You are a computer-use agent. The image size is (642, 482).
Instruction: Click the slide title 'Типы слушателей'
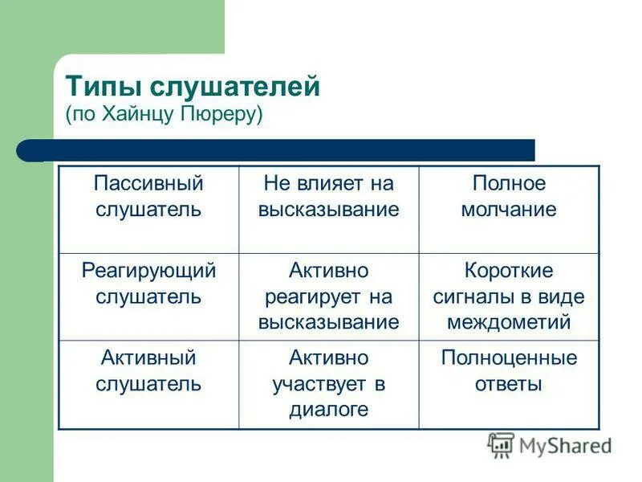coord(193,85)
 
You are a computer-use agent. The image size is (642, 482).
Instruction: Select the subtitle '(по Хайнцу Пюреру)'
coord(165,113)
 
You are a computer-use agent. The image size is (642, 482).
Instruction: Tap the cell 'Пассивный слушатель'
coord(148,197)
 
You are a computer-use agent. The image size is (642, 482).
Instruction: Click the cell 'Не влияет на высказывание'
coord(328,197)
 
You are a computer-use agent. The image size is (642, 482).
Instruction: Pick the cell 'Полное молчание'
coord(509,197)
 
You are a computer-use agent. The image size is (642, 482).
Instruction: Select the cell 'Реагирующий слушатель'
coord(148,284)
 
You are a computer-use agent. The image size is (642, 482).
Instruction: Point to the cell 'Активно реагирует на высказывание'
coord(328,296)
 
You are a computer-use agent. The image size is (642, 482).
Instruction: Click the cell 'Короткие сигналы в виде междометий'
coord(509,296)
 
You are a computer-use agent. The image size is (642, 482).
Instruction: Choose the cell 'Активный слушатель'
coord(148,370)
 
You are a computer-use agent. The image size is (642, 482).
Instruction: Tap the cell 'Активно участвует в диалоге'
coord(328,383)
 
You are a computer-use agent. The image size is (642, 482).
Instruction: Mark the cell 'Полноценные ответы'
coord(509,370)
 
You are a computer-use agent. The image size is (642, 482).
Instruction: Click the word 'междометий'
coord(509,323)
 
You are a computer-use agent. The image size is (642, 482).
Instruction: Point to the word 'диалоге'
coord(328,410)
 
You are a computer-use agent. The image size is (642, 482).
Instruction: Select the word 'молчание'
coord(509,210)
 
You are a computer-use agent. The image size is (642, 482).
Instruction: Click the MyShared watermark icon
coord(502,445)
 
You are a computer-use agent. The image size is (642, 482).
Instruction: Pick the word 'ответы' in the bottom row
coord(509,384)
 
